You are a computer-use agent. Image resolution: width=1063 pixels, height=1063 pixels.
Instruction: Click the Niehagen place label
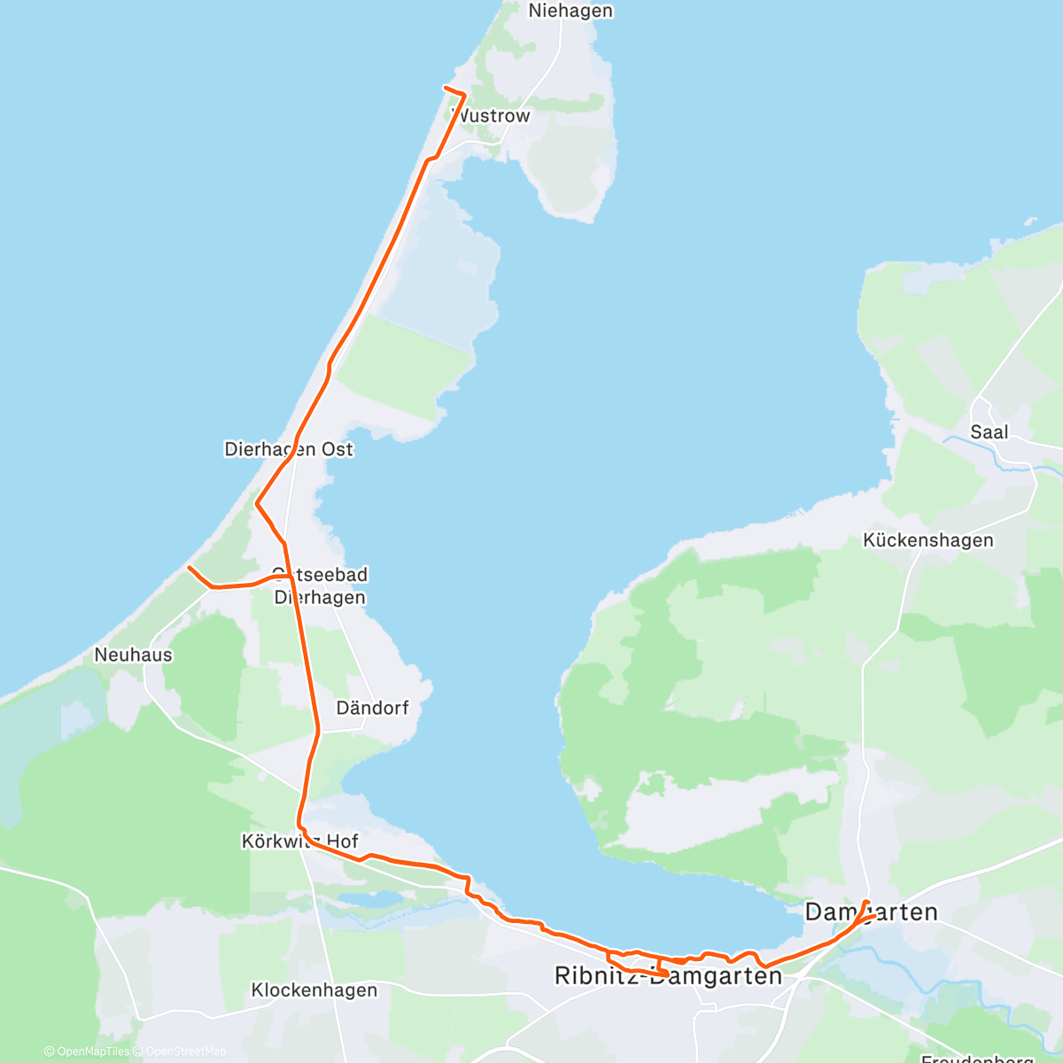570,12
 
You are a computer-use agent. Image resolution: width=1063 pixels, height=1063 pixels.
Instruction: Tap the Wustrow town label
492,116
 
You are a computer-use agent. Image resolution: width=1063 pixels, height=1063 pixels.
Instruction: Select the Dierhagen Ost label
289,449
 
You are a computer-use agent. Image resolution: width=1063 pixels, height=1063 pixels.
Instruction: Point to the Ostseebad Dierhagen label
320,586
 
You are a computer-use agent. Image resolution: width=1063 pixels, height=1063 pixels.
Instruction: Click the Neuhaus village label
133,655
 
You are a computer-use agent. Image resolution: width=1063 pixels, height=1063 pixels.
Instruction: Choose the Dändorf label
372,708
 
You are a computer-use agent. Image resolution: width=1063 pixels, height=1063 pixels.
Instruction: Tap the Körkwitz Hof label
299,841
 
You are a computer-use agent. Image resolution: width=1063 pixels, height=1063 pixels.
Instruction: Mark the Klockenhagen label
314,989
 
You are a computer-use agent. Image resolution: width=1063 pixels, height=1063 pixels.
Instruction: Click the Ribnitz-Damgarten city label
668,976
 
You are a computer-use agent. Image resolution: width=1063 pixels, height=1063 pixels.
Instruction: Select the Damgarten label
871,912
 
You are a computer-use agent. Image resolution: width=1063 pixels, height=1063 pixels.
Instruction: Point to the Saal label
989,432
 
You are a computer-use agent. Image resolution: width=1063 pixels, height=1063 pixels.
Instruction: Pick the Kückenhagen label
927,540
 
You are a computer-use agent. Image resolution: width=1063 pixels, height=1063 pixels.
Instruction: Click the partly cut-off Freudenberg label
977,1058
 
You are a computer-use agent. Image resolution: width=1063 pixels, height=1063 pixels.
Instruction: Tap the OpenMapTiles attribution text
87,1051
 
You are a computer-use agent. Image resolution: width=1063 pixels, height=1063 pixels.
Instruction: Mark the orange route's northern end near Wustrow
445,87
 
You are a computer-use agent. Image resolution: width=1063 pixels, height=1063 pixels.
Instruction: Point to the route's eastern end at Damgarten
865,902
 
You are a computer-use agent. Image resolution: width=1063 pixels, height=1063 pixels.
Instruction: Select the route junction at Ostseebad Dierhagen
290,576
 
